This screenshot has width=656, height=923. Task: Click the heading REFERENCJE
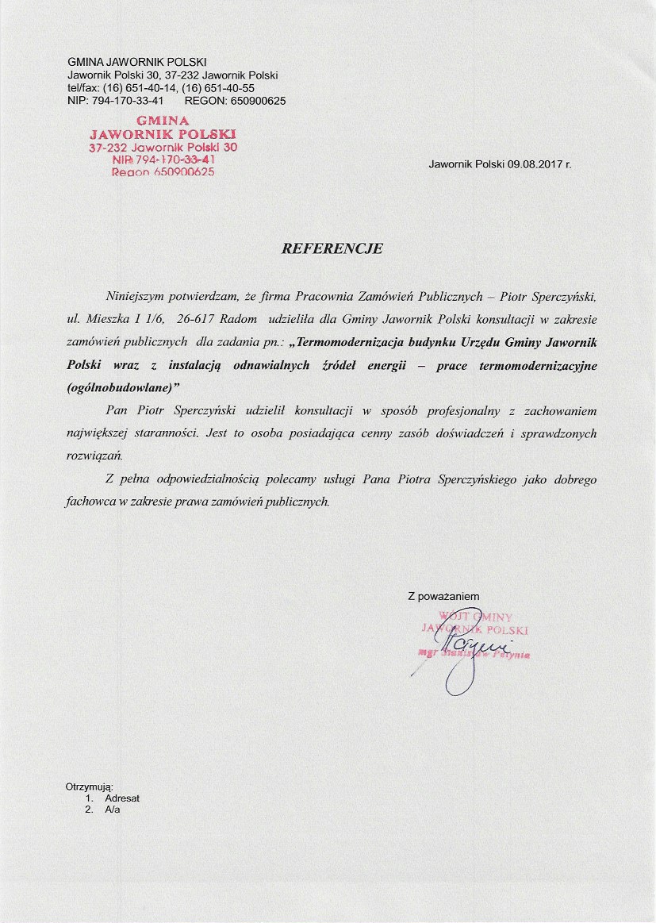tap(332, 248)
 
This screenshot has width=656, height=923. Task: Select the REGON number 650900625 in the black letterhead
tap(258, 101)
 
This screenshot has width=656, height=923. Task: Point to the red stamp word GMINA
tap(163, 121)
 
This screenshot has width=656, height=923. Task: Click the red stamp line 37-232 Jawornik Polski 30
tap(163, 147)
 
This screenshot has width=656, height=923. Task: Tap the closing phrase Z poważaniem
tap(443, 596)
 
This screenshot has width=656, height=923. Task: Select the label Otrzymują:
tap(89, 786)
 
